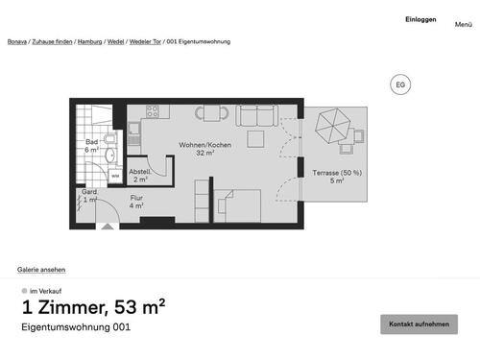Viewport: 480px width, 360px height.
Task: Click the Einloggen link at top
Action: [420, 19]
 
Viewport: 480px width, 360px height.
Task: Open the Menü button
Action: [463, 24]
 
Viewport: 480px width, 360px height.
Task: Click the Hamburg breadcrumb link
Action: [89, 42]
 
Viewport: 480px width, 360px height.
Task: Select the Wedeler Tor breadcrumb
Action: [145, 42]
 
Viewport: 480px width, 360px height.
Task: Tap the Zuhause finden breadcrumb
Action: [53, 42]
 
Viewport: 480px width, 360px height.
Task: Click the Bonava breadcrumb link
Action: [16, 42]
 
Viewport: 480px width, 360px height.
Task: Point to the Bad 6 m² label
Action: [92, 146]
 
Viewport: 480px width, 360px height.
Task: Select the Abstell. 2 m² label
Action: [140, 175]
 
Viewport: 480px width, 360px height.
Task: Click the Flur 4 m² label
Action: [136, 202]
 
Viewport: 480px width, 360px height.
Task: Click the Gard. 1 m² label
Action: [89, 196]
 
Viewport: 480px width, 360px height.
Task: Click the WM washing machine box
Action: [114, 176]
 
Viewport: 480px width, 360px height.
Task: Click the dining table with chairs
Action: [212, 113]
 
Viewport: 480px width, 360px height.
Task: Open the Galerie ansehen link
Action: [41, 270]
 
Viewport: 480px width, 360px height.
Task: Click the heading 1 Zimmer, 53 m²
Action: [93, 307]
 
